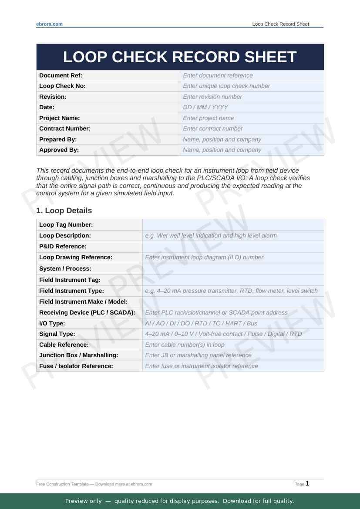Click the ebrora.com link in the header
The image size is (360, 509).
click(49, 24)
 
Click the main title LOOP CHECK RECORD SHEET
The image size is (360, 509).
click(180, 57)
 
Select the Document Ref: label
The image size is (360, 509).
click(61, 75)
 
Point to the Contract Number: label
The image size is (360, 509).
click(65, 128)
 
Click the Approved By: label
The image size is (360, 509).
click(59, 150)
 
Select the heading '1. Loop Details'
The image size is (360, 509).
click(64, 211)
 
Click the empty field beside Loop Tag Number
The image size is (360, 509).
click(233, 224)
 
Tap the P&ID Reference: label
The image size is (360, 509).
click(63, 246)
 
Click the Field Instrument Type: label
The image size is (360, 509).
click(71, 291)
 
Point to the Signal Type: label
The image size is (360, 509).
click(57, 334)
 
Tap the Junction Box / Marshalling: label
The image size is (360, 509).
click(78, 355)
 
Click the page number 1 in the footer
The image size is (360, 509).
click(307, 483)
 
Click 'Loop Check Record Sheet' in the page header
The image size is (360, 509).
click(280, 24)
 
